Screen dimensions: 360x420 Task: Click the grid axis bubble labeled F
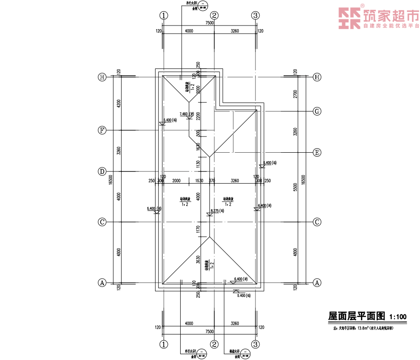tap(102, 130)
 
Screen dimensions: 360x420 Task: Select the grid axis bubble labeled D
tap(102, 171)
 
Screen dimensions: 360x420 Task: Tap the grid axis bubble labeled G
tap(317, 111)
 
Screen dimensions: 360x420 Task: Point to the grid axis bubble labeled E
tap(317, 153)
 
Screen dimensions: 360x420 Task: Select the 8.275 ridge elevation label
tap(216, 210)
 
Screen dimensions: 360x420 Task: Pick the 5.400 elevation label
tap(243, 296)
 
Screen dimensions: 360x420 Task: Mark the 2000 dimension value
tap(176, 181)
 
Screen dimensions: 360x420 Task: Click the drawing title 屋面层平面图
tap(356, 316)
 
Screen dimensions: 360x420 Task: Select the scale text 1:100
tap(398, 317)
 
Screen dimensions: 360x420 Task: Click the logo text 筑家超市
tap(390, 16)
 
